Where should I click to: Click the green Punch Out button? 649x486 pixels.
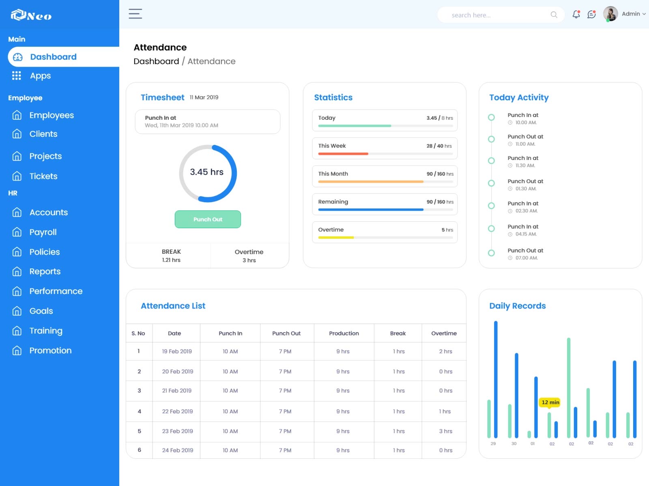pos(208,219)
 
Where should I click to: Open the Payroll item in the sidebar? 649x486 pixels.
pos(43,232)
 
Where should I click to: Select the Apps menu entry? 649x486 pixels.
pos(40,76)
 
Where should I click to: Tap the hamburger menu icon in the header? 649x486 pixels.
pos(135,14)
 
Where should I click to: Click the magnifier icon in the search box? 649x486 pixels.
pos(554,15)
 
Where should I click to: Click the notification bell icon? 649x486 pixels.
pos(576,15)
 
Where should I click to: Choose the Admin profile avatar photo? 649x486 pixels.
pos(610,14)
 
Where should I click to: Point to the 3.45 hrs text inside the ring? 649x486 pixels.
pos(207,172)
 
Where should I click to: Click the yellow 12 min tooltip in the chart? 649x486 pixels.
pos(550,402)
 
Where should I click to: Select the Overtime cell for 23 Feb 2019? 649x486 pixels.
pos(445,431)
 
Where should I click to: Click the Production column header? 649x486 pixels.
pos(344,333)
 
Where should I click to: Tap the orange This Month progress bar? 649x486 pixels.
pos(370,182)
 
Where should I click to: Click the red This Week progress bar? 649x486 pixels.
pos(343,154)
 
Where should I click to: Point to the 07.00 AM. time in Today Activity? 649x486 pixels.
pos(527,258)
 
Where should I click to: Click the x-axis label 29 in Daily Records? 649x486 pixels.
pos(493,444)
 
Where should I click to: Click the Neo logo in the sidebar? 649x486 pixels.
pos(31,15)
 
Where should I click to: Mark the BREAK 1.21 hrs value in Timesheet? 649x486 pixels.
pos(171,260)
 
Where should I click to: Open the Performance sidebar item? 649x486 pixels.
pos(56,291)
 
